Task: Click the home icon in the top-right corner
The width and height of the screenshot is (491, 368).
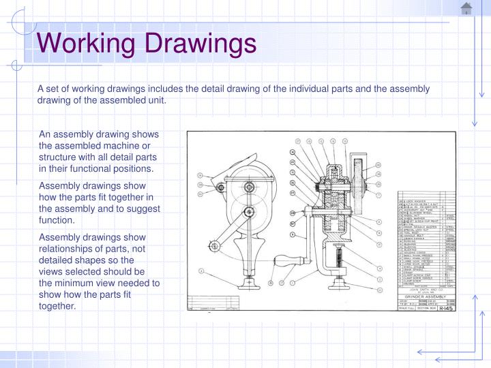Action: point(466,9)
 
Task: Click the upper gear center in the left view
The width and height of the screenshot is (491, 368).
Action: point(250,187)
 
